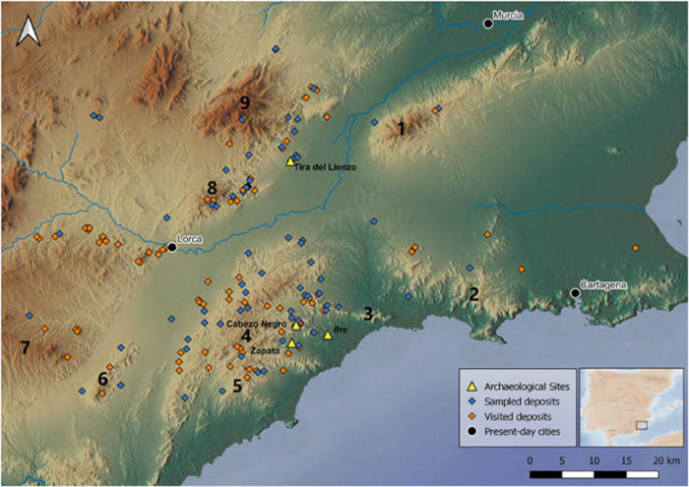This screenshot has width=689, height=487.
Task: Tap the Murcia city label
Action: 508,16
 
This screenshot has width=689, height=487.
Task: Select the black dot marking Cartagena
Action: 575,292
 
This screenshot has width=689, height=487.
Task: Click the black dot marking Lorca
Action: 171,247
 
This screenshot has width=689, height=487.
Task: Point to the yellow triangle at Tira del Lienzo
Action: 289,160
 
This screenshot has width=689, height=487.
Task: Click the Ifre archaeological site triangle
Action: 328,335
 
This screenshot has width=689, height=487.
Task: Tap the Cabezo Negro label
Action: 257,323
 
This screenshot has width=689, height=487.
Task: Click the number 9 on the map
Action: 245,102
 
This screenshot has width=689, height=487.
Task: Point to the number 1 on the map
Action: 400,128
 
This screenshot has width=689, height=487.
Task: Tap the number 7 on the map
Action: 26,346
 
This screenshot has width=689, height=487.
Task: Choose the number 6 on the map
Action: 102,379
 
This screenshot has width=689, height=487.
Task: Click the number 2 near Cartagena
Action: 473,293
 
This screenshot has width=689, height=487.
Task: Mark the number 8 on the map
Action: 211,187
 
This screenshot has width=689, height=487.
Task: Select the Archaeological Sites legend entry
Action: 518,385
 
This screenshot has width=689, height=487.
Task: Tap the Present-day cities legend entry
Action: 518,432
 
